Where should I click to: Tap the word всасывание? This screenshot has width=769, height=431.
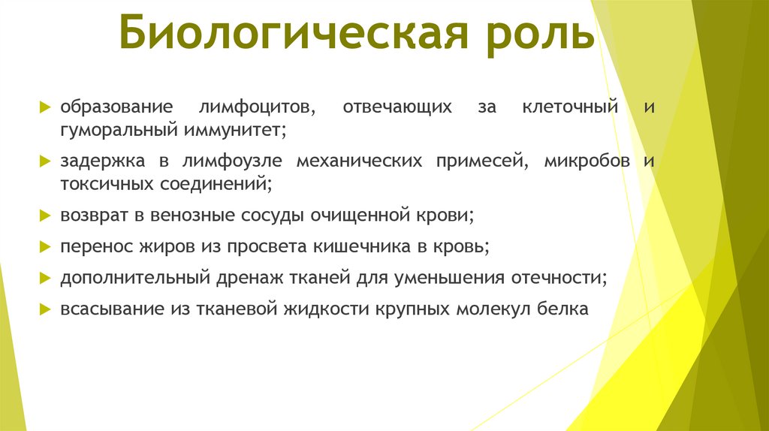coord(105,309)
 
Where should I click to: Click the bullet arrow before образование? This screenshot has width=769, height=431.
coord(45,107)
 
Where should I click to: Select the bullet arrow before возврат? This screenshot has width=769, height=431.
coord(45,215)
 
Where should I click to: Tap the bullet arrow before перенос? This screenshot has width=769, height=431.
coord(45,246)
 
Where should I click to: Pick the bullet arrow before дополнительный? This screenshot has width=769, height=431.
coord(45,278)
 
